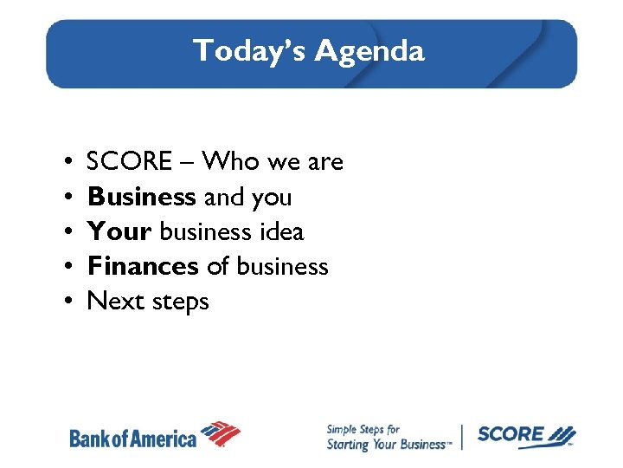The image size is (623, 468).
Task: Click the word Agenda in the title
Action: click(x=369, y=52)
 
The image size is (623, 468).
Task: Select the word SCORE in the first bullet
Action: click(x=130, y=162)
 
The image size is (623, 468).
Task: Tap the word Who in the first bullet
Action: click(x=234, y=162)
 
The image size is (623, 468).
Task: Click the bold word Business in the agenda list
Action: click(x=141, y=197)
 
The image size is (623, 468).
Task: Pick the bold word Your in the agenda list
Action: click(x=119, y=232)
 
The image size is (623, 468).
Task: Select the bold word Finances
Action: click(x=143, y=266)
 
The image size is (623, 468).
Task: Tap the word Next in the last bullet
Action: click(x=115, y=302)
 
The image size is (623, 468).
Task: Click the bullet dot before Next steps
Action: click(x=67, y=302)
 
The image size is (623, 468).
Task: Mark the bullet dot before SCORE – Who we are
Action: click(x=67, y=162)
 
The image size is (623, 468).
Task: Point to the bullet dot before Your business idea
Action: click(x=67, y=232)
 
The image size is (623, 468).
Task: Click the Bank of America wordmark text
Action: click(x=132, y=439)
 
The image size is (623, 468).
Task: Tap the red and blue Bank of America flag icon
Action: click(x=220, y=432)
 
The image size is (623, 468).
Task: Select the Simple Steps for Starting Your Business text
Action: click(x=387, y=437)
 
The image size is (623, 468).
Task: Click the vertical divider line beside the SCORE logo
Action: click(x=462, y=436)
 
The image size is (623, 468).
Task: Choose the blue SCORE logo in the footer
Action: click(x=524, y=435)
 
